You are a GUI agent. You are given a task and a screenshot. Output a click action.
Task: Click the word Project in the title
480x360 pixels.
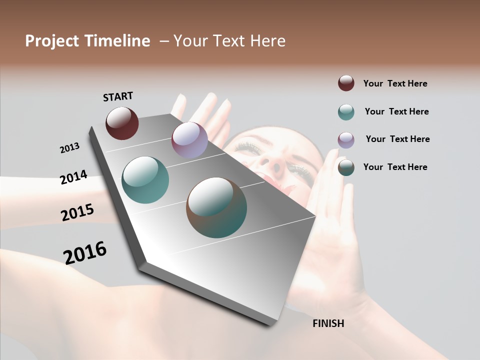pyautogui.click(x=51, y=41)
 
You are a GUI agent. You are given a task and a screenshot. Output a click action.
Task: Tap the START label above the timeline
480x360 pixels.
pyautogui.click(x=118, y=96)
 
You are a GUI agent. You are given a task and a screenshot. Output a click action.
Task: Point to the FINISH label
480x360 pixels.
pyautogui.click(x=328, y=323)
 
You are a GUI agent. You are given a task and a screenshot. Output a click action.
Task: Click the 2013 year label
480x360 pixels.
pyautogui.click(x=70, y=148)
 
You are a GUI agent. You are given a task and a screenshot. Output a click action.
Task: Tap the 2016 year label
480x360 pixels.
pyautogui.click(x=85, y=253)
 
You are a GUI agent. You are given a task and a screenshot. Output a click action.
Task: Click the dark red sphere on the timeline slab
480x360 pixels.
pyautogui.click(x=122, y=123)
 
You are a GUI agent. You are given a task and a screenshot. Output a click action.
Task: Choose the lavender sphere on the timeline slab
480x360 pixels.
pyautogui.click(x=189, y=140)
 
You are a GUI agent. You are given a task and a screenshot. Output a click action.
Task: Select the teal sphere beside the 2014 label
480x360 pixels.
pyautogui.click(x=145, y=180)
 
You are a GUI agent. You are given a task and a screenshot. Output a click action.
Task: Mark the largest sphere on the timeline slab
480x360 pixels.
pyautogui.click(x=216, y=207)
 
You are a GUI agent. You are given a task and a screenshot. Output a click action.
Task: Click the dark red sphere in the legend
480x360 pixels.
pyautogui.click(x=346, y=83)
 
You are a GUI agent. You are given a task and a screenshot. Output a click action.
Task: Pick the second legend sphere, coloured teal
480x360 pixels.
pyautogui.click(x=346, y=112)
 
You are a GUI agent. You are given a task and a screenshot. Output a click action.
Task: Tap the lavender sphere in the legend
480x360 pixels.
pyautogui.click(x=346, y=140)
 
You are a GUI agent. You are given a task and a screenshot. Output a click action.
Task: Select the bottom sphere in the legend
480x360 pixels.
pyautogui.click(x=346, y=167)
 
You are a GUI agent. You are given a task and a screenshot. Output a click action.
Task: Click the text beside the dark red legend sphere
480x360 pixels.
pyautogui.click(x=395, y=83)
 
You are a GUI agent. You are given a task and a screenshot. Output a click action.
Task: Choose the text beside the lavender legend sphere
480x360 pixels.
pyautogui.click(x=397, y=139)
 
